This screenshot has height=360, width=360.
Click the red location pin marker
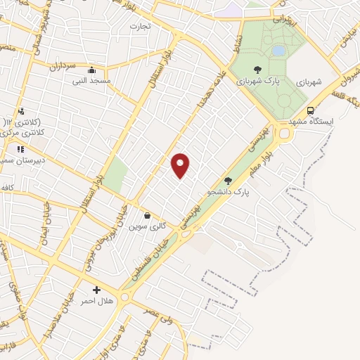[181, 165]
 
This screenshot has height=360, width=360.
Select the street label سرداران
[61, 67]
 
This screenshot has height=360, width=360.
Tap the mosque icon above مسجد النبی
[91, 70]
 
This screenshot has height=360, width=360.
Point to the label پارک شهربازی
[258, 82]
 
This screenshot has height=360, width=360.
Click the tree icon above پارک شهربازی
[257, 70]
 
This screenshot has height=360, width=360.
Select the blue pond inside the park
[278, 51]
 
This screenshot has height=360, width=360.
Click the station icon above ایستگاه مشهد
[310, 110]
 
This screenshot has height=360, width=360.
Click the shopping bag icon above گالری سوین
[147, 215]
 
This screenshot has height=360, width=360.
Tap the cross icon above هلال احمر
[96, 290]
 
